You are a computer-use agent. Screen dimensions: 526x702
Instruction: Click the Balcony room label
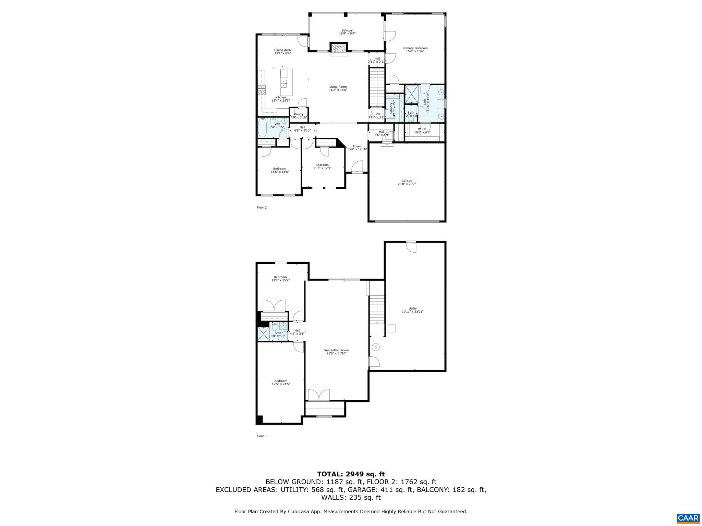(x=347, y=30)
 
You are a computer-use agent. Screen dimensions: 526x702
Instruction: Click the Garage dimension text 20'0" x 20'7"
(x=407, y=184)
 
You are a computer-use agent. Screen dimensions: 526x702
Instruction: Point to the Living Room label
(x=338, y=87)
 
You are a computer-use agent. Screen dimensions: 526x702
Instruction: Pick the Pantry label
(x=299, y=114)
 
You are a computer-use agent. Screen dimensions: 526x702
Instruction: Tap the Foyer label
(x=357, y=146)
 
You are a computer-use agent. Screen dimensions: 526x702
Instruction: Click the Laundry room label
(x=391, y=107)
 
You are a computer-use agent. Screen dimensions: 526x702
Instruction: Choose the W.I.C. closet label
(x=422, y=129)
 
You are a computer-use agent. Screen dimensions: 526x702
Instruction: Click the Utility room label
(x=412, y=309)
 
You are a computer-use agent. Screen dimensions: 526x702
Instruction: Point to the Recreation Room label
(x=336, y=350)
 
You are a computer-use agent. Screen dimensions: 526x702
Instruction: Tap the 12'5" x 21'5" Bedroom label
(x=280, y=381)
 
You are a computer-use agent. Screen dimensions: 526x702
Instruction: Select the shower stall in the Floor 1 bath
(x=263, y=334)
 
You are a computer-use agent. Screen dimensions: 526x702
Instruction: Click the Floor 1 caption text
(x=262, y=436)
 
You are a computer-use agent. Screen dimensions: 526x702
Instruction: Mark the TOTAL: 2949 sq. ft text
(x=351, y=474)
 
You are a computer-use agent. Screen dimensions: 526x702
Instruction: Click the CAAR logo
(x=688, y=518)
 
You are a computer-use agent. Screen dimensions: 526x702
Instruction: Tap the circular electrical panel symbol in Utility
(x=376, y=347)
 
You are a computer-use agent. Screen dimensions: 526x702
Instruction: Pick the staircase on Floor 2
(x=377, y=87)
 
